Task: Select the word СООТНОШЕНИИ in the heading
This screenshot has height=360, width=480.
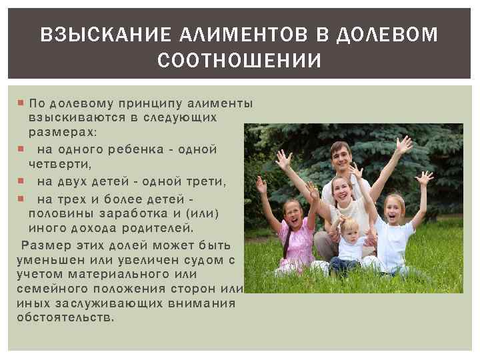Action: click(240, 61)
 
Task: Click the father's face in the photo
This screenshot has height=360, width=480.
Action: click(340, 157)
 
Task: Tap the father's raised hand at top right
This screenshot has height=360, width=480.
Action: click(403, 145)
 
